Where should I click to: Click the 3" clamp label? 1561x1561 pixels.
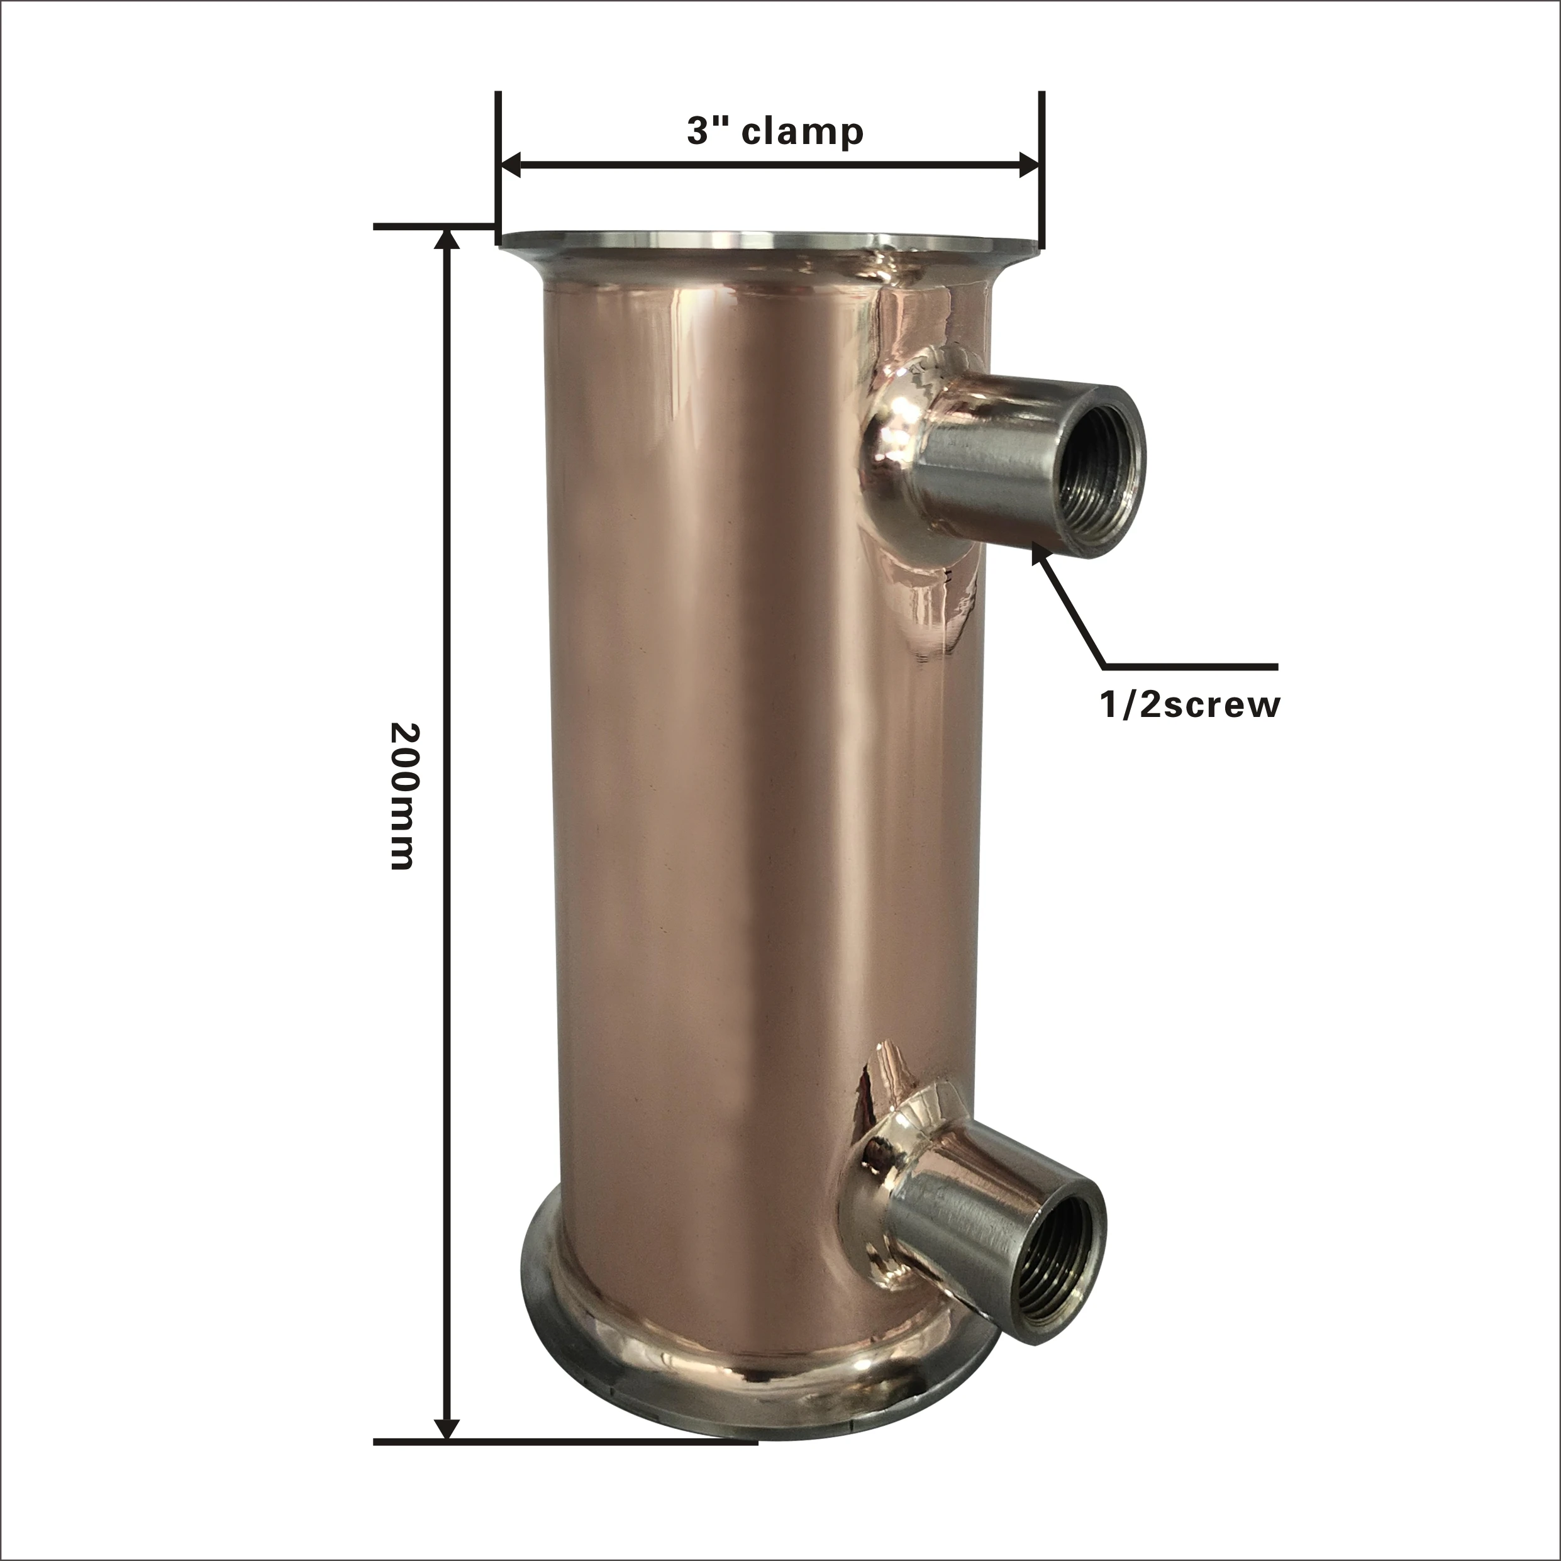tap(775, 131)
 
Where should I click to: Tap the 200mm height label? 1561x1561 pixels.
tap(403, 796)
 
